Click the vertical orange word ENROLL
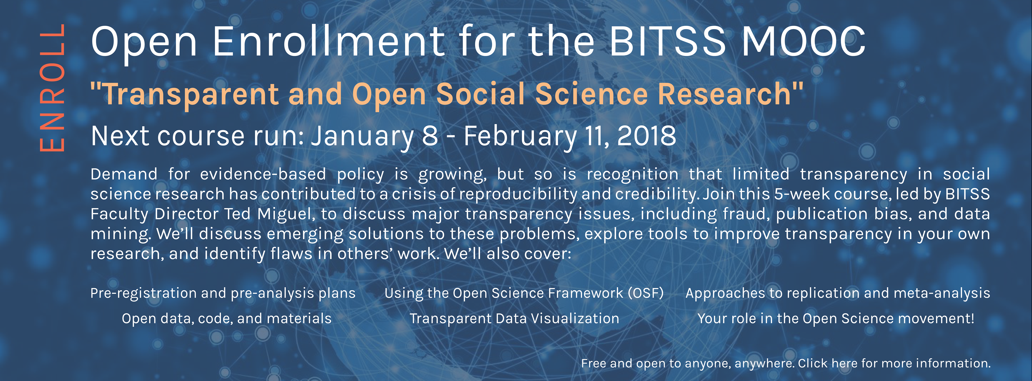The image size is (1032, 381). [x=52, y=87]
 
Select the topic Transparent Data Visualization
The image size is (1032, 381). [x=514, y=318]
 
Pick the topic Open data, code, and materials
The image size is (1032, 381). [x=227, y=318]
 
